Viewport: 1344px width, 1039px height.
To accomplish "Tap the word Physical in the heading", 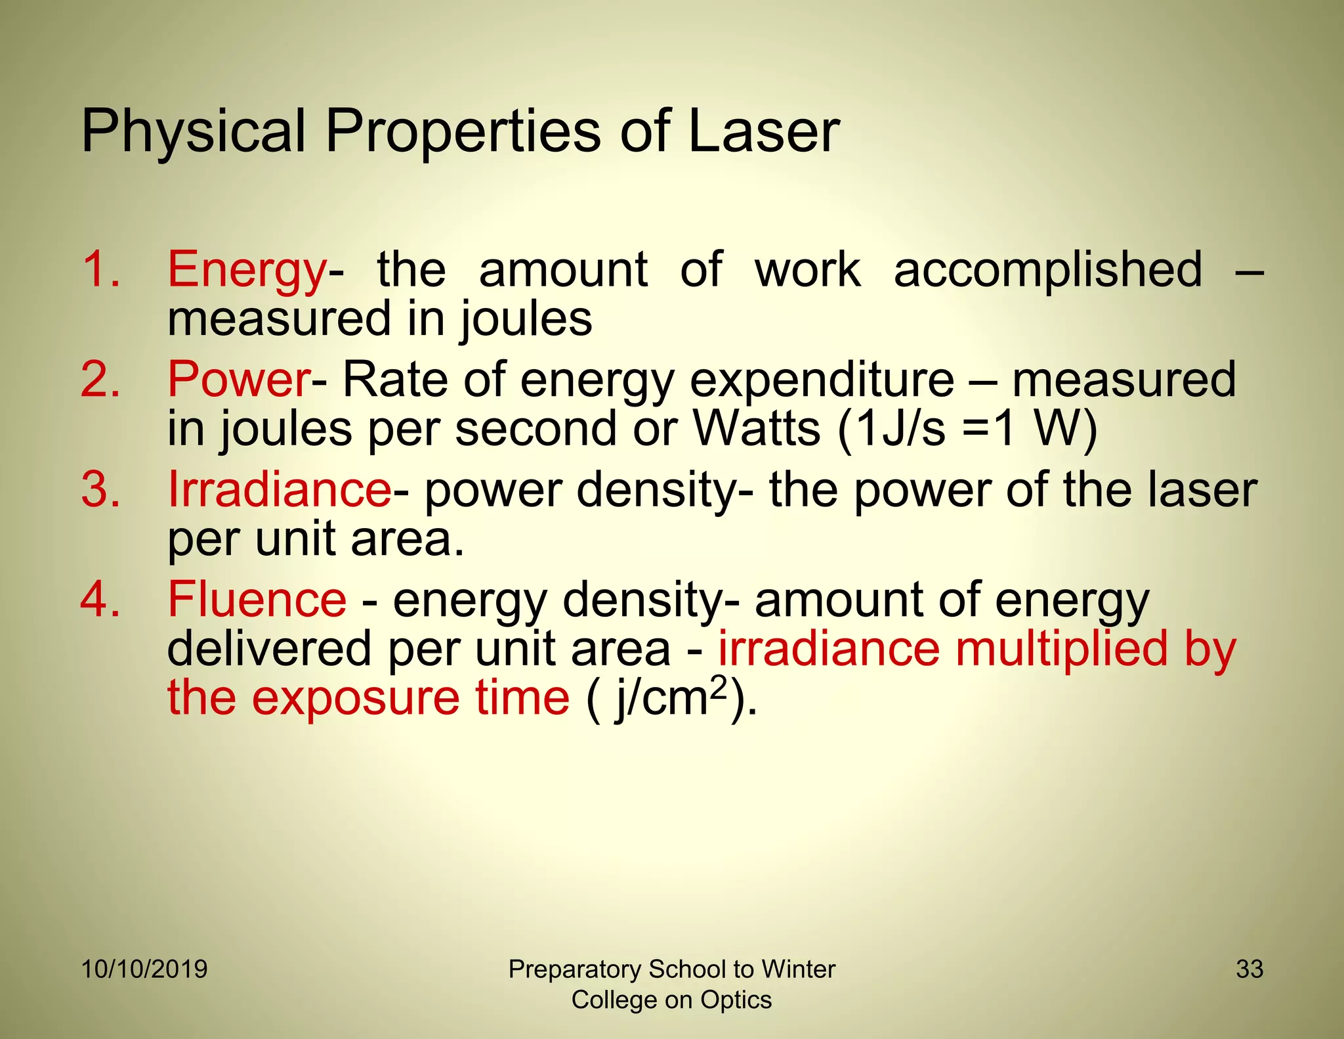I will click(x=194, y=131).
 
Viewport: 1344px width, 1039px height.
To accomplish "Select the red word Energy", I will click(x=247, y=270).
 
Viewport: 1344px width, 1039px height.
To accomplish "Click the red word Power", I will click(x=239, y=380).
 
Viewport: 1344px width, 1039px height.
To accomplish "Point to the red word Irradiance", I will click(x=280, y=490).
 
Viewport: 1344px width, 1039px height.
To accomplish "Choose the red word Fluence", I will click(x=257, y=600).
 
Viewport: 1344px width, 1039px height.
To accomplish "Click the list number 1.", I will click(x=100, y=270).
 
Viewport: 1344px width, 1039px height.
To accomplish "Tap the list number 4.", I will click(x=100, y=600).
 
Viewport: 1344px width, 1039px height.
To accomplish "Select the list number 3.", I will click(x=100, y=490).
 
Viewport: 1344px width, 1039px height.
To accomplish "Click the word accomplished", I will click(x=1048, y=270).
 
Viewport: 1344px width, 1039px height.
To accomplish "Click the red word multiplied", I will click(x=1062, y=649).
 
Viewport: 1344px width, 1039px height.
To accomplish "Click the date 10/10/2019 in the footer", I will click(x=144, y=969).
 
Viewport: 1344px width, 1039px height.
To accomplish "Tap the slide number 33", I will click(x=1249, y=969).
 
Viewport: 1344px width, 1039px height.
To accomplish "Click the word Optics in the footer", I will click(x=736, y=1000).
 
